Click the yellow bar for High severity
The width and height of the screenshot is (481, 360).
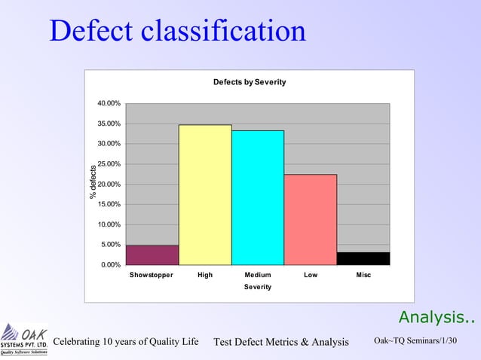tap(205, 195)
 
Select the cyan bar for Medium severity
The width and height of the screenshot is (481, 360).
tap(258, 198)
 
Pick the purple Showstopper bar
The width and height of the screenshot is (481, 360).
tap(152, 255)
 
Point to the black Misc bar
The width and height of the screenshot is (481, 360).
tap(363, 258)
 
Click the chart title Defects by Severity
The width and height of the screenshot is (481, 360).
tap(250, 82)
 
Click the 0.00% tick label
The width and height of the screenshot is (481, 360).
tap(112, 265)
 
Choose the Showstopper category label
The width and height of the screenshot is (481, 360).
tap(151, 276)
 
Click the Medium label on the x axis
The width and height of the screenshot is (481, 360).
tap(258, 276)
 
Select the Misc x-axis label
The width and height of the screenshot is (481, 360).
tap(363, 276)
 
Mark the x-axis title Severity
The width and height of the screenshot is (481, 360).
tap(258, 288)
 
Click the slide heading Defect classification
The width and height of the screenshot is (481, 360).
tap(178, 31)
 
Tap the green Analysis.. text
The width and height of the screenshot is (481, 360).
tap(437, 317)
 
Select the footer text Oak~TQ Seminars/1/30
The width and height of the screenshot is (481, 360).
tap(415, 342)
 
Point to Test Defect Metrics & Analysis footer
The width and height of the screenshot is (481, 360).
tap(281, 343)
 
